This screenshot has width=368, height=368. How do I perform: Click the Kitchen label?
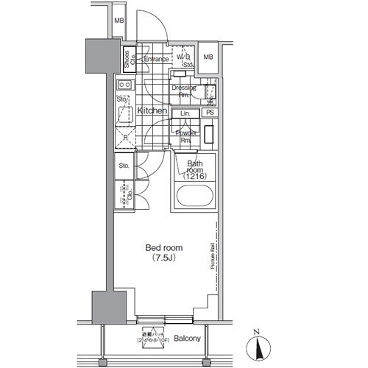tap(151, 110)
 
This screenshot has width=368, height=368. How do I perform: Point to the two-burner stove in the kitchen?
tap(123, 85)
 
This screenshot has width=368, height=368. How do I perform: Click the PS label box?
tap(210, 113)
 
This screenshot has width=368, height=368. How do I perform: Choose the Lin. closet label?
tap(185, 113)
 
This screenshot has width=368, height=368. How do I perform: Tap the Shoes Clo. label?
tap(127, 58)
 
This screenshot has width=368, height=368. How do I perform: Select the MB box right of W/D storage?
tap(208, 57)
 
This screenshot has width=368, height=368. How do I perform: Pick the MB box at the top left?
tap(118, 21)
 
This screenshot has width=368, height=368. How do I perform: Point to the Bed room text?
tap(163, 248)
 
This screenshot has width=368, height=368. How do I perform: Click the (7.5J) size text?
tap(163, 259)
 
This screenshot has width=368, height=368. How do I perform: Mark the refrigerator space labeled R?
tap(124, 137)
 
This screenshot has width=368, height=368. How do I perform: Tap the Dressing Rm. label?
tap(183, 91)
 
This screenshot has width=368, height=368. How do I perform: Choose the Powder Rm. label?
tap(185, 135)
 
